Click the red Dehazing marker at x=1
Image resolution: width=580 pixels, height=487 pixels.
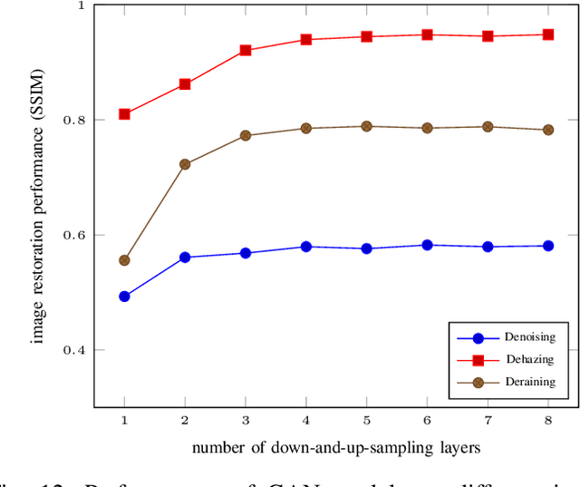(124, 114)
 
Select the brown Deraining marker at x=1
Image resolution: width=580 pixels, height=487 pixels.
(124, 260)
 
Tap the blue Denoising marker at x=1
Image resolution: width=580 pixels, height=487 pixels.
(124, 297)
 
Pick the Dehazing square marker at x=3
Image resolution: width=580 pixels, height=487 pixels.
(246, 51)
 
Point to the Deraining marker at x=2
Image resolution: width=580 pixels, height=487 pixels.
(185, 164)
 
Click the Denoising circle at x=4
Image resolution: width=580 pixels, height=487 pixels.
(306, 247)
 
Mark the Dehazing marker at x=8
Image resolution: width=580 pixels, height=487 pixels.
(548, 34)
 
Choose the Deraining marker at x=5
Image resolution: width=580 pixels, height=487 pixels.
(367, 126)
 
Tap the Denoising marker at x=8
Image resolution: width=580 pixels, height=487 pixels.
(548, 246)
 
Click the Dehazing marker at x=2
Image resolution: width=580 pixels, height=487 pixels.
(185, 84)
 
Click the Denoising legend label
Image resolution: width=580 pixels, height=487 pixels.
(529, 337)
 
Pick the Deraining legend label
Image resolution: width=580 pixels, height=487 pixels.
(529, 383)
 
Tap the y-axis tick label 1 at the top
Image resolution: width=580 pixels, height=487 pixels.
(81, 5)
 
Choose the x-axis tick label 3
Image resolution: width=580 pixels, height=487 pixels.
(246, 421)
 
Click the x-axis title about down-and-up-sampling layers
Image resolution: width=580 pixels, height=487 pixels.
(336, 448)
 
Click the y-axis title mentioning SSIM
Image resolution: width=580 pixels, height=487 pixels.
(38, 207)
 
